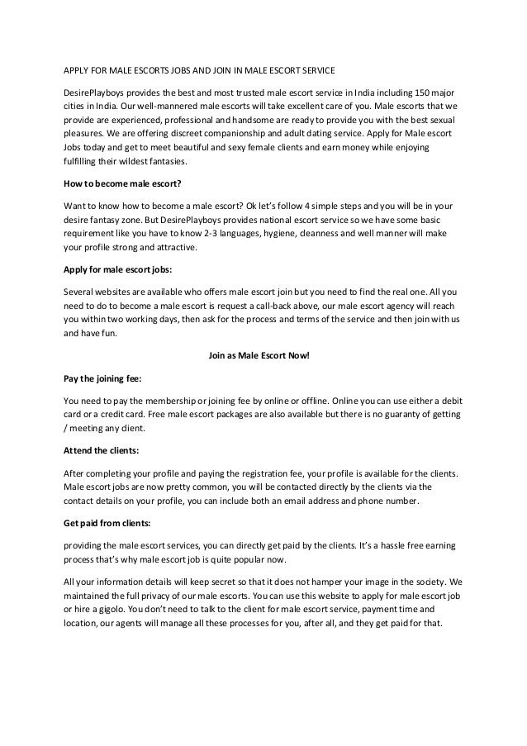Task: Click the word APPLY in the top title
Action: coord(77,68)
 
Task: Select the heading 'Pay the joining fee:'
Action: coord(102,378)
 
